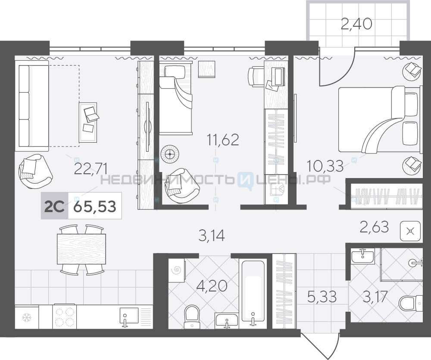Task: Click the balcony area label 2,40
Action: point(356,24)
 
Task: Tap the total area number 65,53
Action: point(95,206)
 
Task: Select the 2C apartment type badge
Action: point(54,206)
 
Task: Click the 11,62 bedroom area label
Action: point(223,140)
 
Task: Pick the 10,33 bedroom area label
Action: point(325,166)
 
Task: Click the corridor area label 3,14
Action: point(212,236)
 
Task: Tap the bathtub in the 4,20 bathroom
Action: point(253,293)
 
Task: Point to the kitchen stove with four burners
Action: point(65,316)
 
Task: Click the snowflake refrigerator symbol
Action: point(27,318)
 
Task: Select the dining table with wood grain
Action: point(81,249)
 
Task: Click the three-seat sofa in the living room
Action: point(34,106)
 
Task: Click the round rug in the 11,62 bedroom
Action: point(170,154)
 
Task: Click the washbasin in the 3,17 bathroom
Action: point(362,256)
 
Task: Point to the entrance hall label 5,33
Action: point(322,297)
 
